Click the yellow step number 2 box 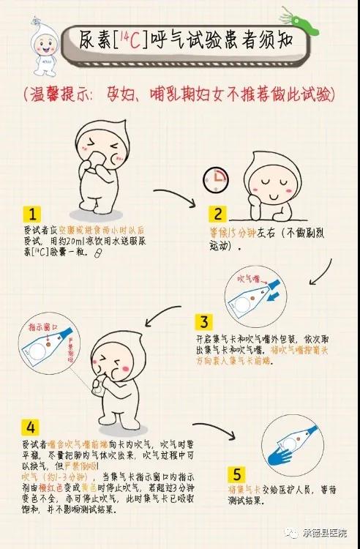217,214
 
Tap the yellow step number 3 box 205,322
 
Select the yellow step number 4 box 30,426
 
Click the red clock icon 215,176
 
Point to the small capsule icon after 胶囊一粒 98,253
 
